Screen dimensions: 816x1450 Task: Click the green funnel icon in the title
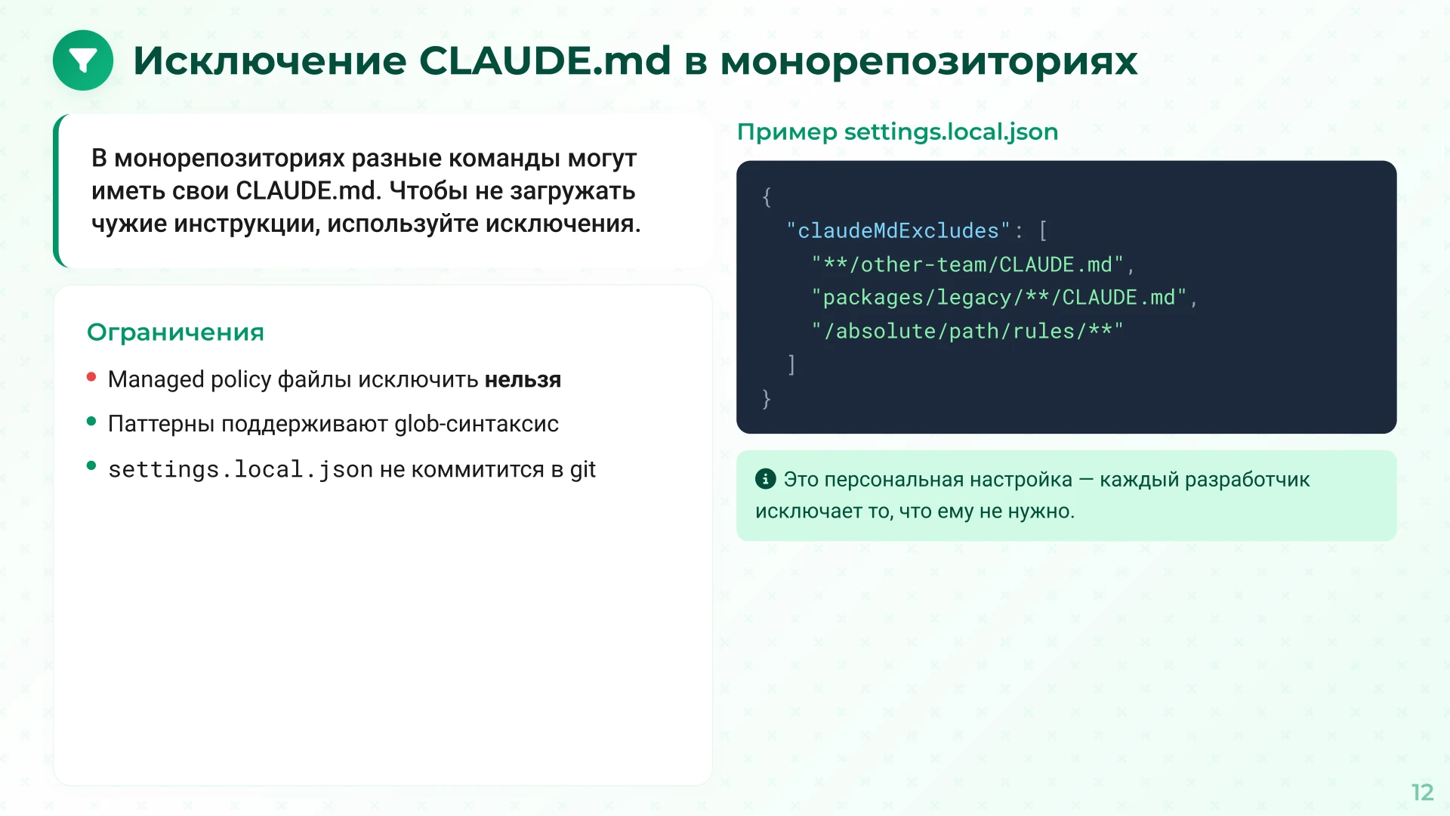83,60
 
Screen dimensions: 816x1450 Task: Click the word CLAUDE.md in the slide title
545,60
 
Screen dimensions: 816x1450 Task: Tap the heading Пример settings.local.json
897,131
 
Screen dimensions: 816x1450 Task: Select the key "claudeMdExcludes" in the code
898,230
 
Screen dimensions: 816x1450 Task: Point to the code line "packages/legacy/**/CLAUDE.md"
998,298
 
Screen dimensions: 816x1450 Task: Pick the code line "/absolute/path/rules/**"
967,331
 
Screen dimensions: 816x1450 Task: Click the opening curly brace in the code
767,197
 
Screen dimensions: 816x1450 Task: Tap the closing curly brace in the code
767,398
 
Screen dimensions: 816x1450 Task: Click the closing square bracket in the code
791,365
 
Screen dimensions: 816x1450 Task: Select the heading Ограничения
175,332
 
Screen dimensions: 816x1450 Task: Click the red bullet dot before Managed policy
91,377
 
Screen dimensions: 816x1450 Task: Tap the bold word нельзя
523,379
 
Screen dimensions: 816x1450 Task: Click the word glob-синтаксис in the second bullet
477,424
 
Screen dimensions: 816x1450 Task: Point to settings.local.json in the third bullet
240,469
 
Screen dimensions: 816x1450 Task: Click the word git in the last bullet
583,469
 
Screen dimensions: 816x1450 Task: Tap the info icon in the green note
765,479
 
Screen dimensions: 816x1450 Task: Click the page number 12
1422,792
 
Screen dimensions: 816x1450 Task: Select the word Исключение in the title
270,60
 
